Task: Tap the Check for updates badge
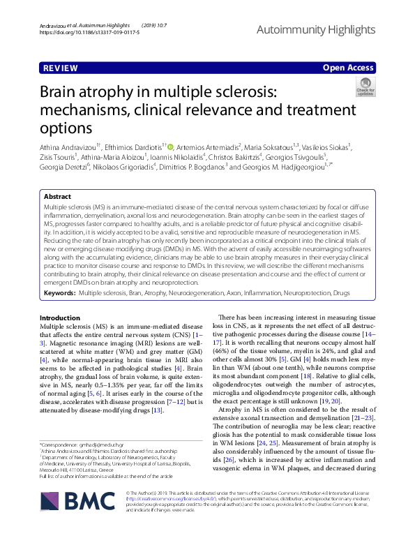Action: coord(365,87)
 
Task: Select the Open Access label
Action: coord(349,68)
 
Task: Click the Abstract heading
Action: coord(59,197)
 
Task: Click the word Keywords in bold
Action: coord(59,314)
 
